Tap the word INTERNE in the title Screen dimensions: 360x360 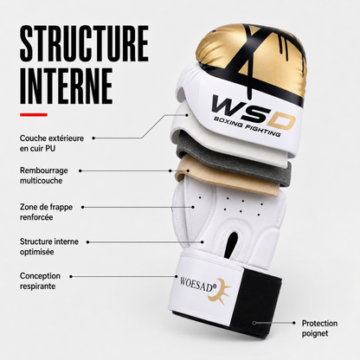click(x=66, y=86)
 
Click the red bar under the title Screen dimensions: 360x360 click(x=34, y=115)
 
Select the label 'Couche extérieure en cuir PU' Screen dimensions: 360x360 click(x=52, y=143)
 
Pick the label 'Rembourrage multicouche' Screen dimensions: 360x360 click(x=44, y=176)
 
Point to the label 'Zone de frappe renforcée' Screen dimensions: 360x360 click(x=46, y=212)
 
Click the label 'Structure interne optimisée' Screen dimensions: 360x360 click(x=49, y=247)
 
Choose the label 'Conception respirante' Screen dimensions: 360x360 click(x=40, y=281)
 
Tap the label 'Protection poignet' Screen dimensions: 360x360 click(x=319, y=328)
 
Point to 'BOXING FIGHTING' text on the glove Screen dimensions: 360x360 click(x=247, y=127)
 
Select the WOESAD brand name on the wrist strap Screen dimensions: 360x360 click(x=198, y=285)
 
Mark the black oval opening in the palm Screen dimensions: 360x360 click(x=232, y=244)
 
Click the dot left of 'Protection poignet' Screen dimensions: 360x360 click(x=294, y=323)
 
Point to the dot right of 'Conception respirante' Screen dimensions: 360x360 click(x=71, y=276)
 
